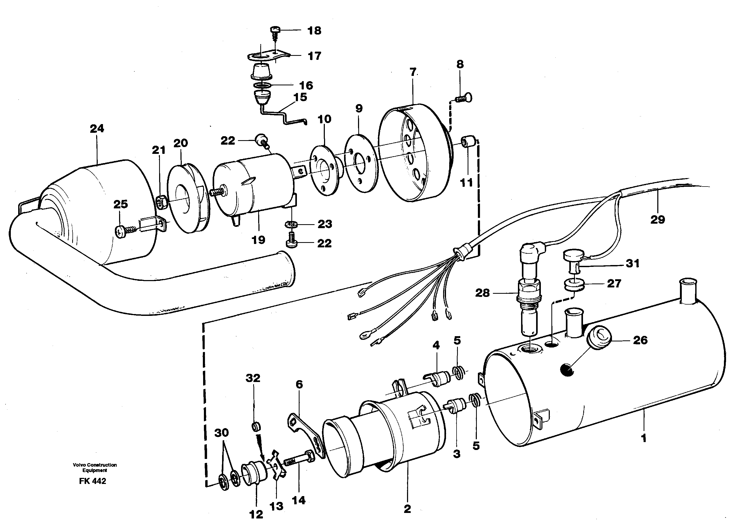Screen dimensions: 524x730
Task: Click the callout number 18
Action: pyautogui.click(x=314, y=31)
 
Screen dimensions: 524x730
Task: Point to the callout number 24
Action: pyautogui.click(x=97, y=129)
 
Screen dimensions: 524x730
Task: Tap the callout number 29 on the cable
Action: pyautogui.click(x=658, y=220)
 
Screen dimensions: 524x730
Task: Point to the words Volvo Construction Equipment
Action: pyautogui.click(x=95, y=467)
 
